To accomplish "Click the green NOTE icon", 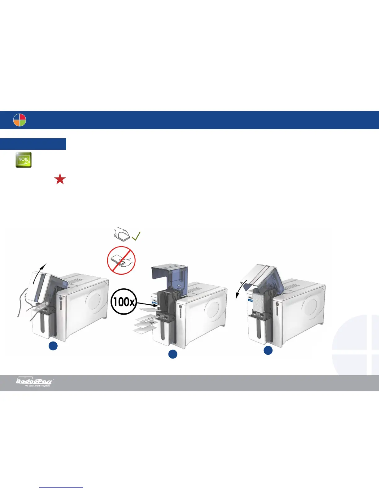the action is click(24, 160).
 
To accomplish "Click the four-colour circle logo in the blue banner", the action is click(20, 120).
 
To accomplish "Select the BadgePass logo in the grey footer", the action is click(35, 382).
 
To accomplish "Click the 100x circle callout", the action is click(123, 301).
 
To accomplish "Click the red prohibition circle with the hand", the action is click(121, 260).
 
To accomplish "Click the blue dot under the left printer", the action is click(53, 346).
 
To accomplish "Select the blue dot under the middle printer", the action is click(172, 354).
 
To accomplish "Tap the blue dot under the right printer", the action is click(268, 350).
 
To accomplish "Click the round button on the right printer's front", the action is click(277, 304).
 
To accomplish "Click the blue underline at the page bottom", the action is click(62, 487).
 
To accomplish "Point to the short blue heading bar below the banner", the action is click(33, 144).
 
